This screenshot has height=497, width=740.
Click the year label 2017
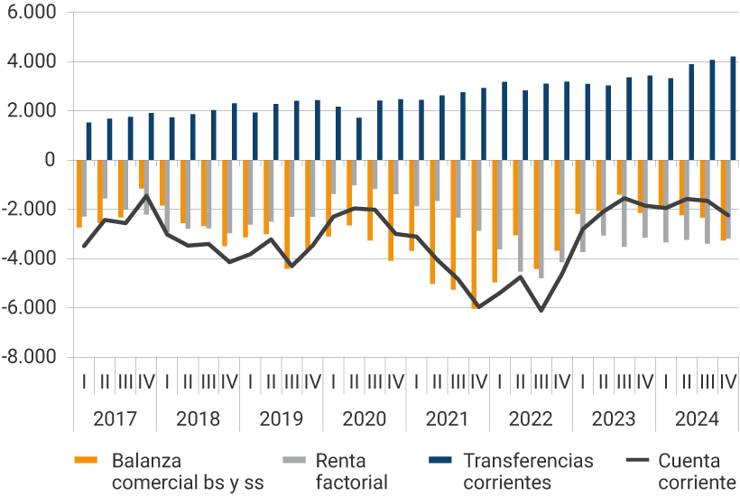pos(115,419)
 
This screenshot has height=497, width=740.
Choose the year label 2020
pos(365,419)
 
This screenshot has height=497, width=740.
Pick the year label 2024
pos(697,419)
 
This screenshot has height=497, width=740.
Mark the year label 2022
pos(531,419)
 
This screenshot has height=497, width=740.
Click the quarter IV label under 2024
pos(728,381)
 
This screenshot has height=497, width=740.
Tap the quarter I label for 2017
pos(84,381)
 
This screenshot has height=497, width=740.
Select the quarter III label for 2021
pos(458,381)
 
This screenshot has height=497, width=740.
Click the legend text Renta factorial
pos(352,471)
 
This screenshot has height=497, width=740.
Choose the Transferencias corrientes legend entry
pos(528,471)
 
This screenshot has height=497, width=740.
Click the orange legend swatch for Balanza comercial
pos(86,461)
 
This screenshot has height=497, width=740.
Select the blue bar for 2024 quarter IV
pos(733,108)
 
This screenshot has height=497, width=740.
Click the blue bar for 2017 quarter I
pos(88,142)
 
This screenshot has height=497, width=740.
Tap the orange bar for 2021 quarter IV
pos(474,235)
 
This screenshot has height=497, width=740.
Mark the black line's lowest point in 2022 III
pos(541,311)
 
